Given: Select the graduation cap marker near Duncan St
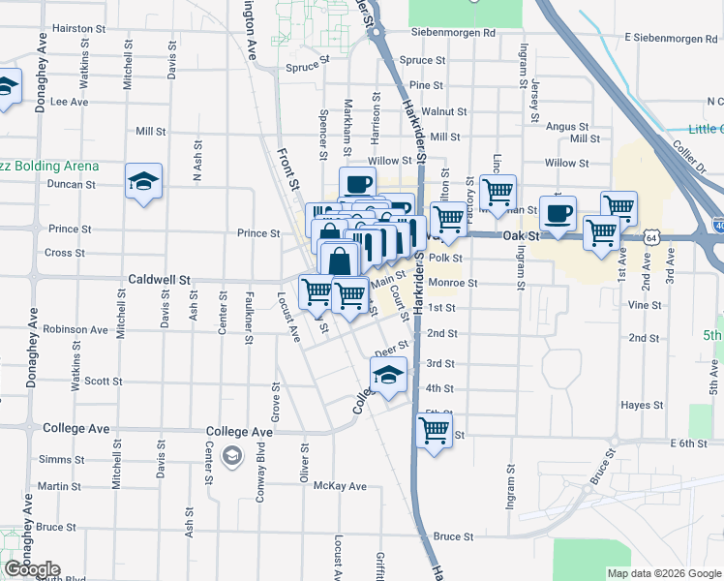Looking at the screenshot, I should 143,182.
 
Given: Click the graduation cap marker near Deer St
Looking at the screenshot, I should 388,376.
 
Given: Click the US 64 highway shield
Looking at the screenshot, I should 655,236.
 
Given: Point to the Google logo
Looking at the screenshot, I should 32,569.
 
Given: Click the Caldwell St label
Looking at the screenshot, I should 159,279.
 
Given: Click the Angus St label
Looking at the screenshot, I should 567,127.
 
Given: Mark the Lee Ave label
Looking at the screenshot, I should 69,101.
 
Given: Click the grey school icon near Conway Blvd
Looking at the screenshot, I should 232,455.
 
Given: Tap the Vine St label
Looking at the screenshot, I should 644,304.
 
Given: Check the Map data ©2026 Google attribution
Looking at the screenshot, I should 663,573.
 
